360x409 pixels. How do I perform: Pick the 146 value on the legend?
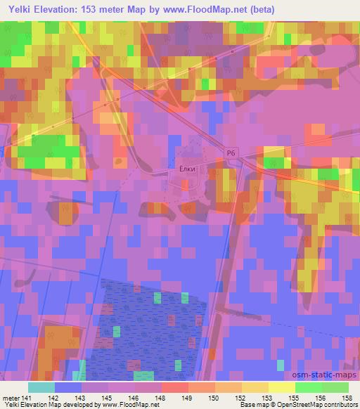pyautogui.click(x=122, y=397)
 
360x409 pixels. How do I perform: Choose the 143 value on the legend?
pyautogui.click(x=70, y=397)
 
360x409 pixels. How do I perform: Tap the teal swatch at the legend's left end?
pyautogui.click(x=41, y=387)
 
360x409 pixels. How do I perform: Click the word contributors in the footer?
pyautogui.click(x=344, y=405)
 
